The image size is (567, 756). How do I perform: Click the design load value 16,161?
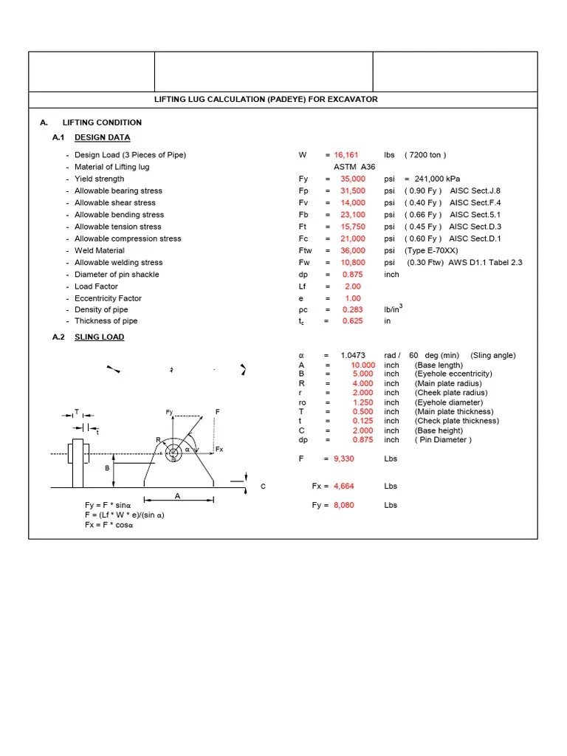coord(346,155)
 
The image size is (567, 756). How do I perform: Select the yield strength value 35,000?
coord(353,179)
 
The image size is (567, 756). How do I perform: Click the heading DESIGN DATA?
coord(103,137)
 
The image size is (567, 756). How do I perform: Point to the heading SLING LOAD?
coord(100,337)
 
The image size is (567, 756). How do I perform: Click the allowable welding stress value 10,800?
coord(353,262)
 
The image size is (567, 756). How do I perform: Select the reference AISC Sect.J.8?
coord(475,190)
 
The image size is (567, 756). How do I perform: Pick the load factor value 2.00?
coord(353,286)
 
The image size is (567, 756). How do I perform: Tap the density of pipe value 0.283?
coord(353,310)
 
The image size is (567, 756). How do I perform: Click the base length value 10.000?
coord(362,365)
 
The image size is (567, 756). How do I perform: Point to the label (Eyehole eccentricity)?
coord(453,374)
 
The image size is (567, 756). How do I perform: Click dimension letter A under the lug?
coord(177,496)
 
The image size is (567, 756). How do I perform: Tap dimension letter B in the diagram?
coord(107,468)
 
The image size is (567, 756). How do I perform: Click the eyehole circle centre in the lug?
coord(173,453)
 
